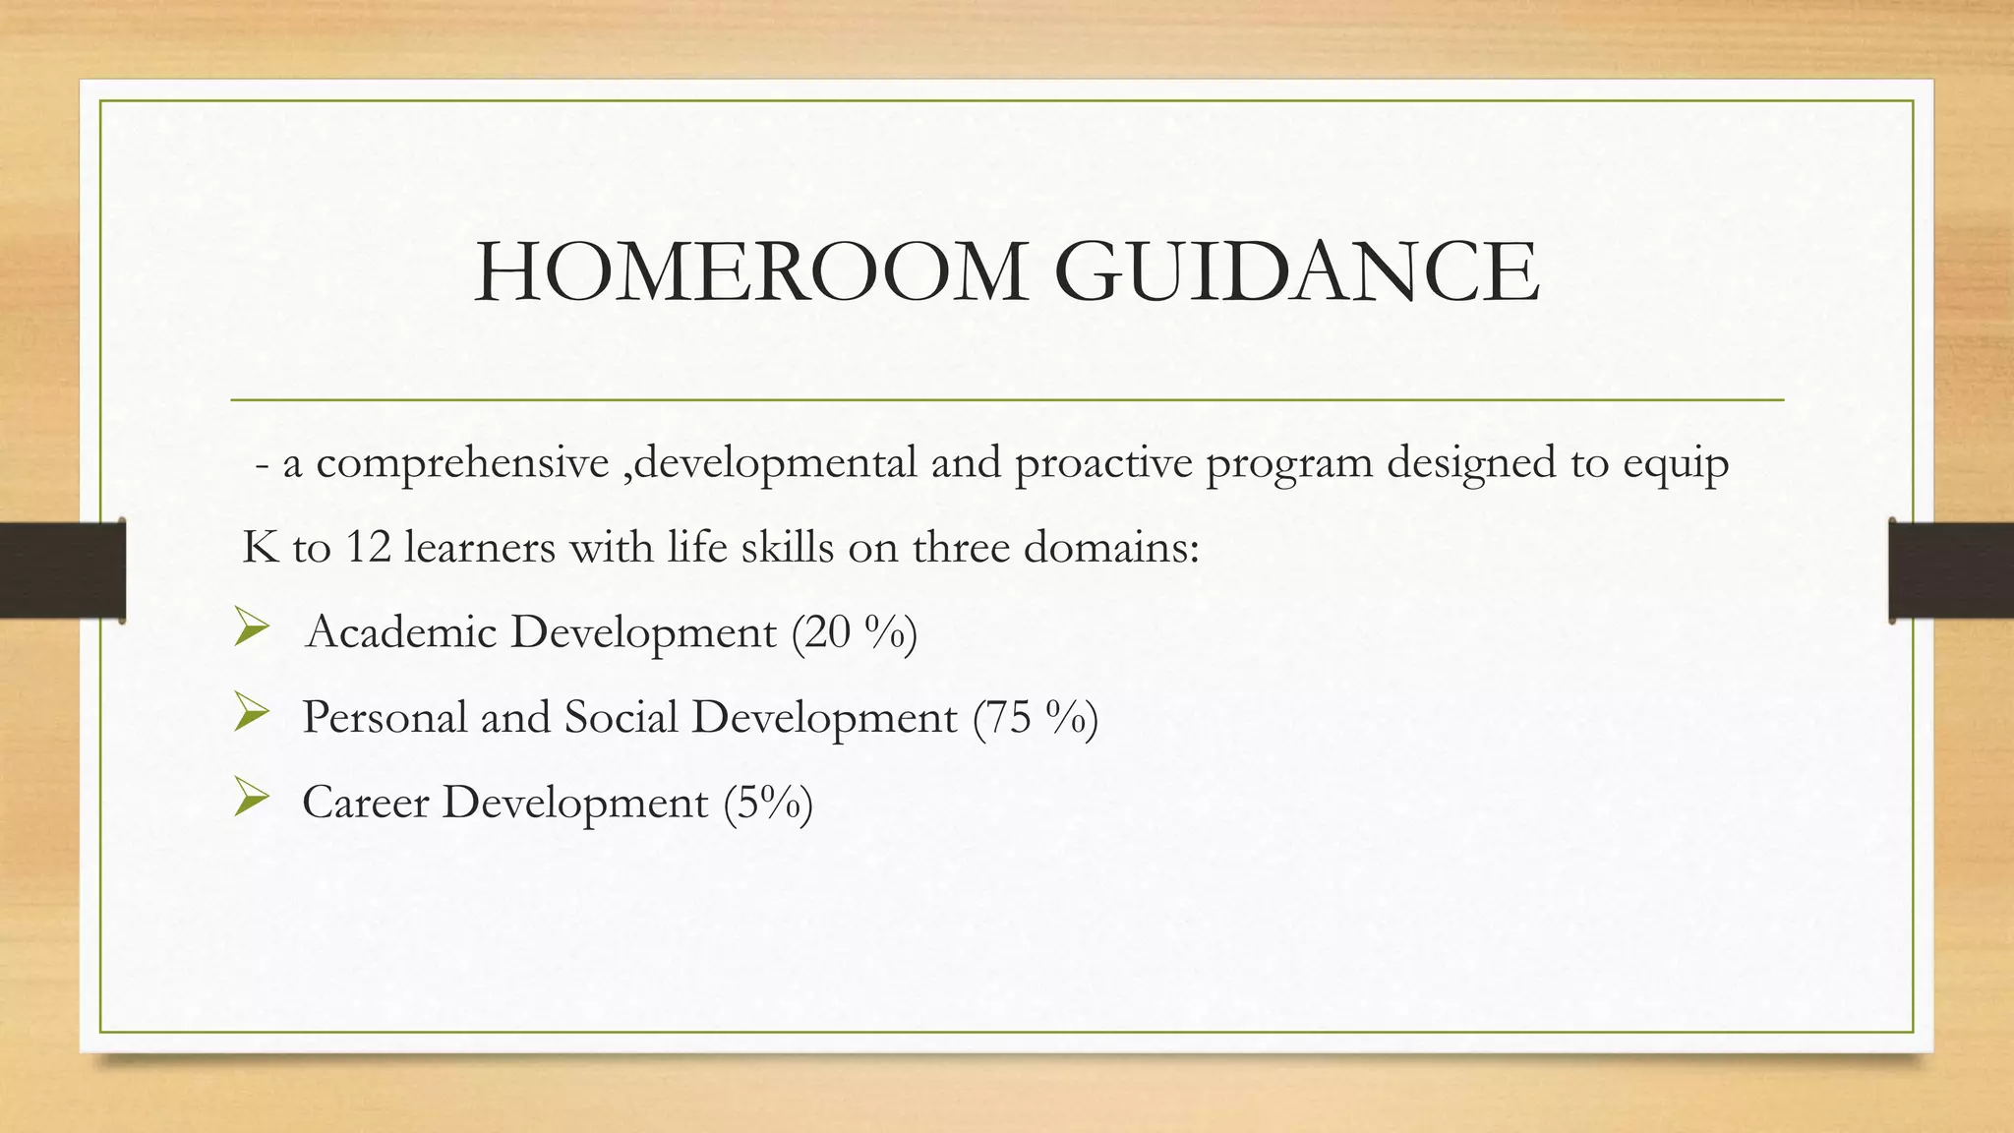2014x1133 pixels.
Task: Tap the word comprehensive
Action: pos(462,464)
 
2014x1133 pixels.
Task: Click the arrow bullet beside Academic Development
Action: pos(252,628)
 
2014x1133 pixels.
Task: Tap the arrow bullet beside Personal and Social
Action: pos(252,714)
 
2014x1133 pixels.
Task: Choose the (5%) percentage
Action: pos(768,804)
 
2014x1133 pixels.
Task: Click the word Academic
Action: pos(401,632)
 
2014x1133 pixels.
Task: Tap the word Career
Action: pos(365,804)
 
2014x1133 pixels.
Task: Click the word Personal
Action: pos(385,718)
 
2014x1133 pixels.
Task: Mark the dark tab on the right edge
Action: pos(1951,570)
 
